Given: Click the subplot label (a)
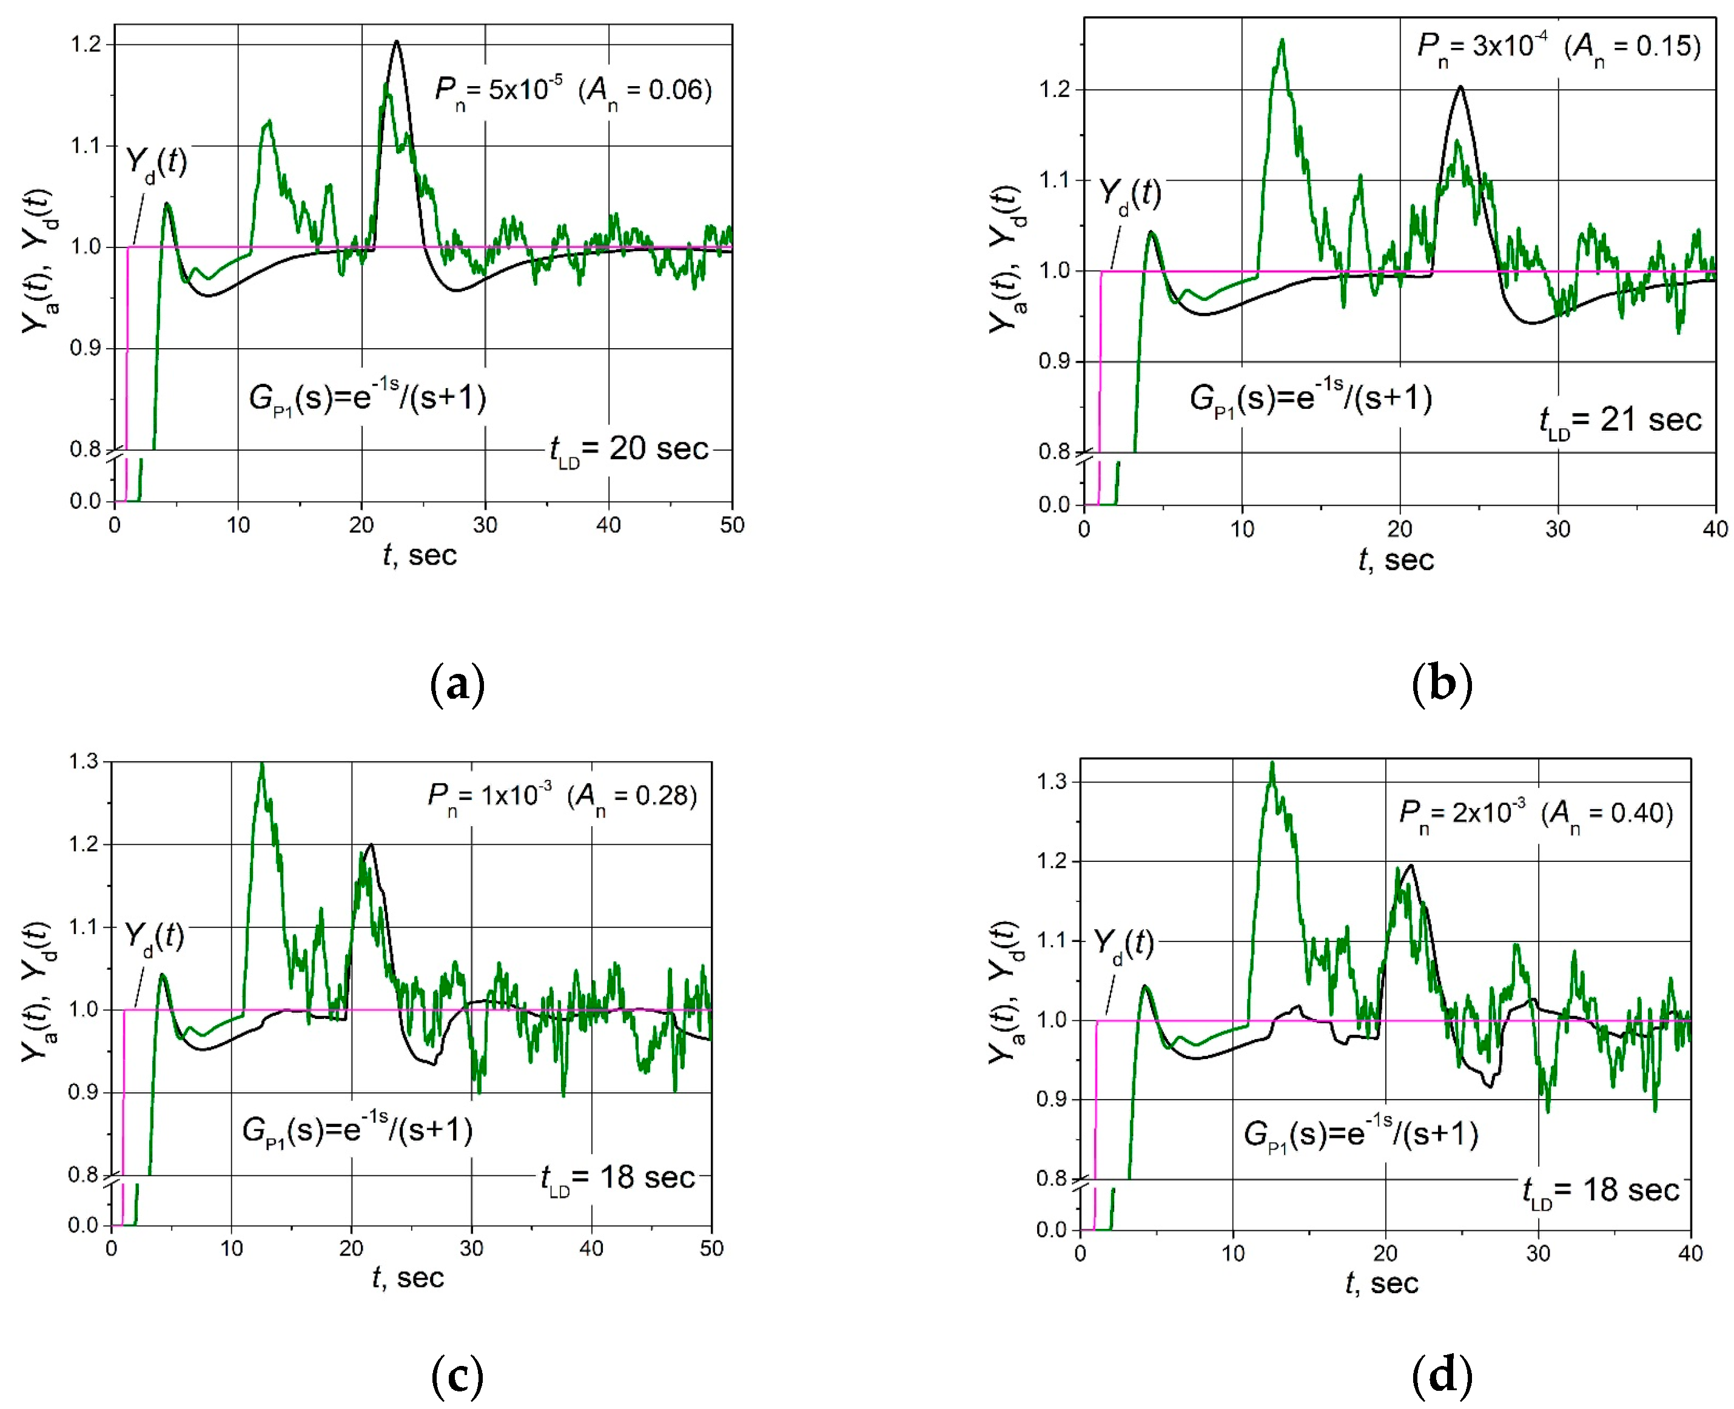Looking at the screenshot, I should [457, 684].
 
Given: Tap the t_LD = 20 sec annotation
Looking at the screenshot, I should [629, 449].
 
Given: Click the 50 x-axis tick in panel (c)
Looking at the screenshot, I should [711, 1249].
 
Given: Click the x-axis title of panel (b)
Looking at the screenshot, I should [1396, 560].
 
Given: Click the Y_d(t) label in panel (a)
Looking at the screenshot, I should [156, 163].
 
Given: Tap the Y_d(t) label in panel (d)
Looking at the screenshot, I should [1123, 944].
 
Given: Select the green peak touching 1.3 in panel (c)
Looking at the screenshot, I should [261, 765].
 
